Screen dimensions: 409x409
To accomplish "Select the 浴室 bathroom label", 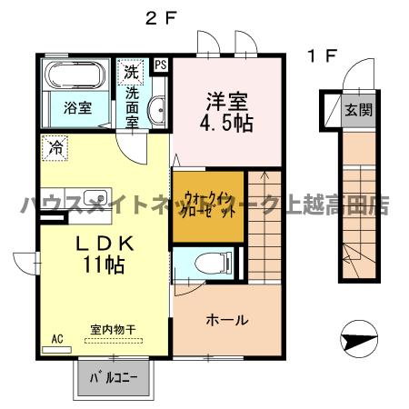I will (x=76, y=107).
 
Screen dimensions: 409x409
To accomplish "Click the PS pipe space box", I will (x=161, y=65).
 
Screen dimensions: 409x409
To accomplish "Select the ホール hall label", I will (x=226, y=320).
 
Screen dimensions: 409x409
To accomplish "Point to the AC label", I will (x=56, y=340).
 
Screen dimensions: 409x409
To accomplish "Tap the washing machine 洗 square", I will (x=132, y=71).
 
